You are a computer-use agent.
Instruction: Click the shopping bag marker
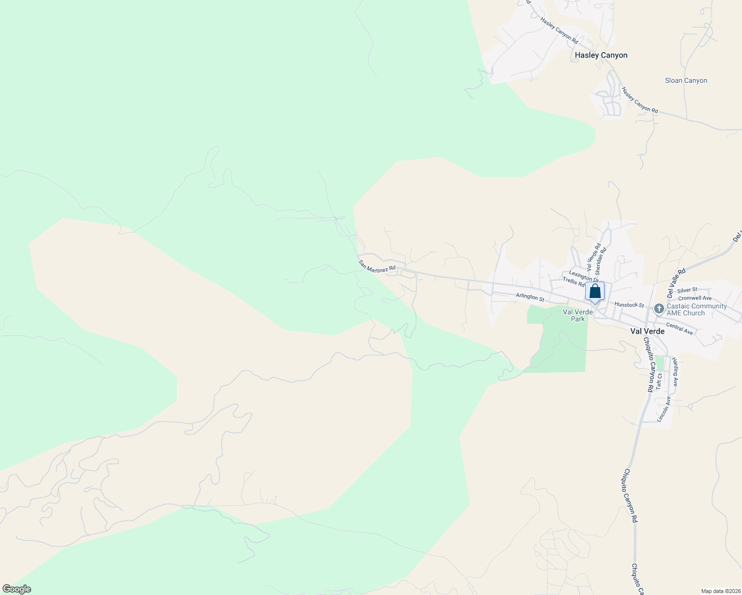click(595, 292)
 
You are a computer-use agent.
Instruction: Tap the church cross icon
click(659, 309)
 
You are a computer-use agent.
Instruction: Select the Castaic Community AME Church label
click(696, 309)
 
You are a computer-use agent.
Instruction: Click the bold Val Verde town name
click(647, 331)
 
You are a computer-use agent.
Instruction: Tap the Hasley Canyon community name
click(601, 55)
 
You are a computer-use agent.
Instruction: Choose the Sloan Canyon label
click(686, 80)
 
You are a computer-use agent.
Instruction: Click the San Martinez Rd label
click(377, 266)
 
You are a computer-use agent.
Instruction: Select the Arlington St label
click(530, 297)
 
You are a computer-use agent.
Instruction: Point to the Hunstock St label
click(629, 305)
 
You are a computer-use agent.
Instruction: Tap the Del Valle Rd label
click(676, 283)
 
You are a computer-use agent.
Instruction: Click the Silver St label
click(687, 290)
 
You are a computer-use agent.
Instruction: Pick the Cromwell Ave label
click(695, 298)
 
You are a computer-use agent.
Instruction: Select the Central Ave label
click(680, 328)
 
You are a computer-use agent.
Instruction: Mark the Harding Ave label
click(675, 372)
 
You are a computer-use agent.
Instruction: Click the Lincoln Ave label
click(664, 409)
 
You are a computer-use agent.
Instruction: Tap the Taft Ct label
click(659, 381)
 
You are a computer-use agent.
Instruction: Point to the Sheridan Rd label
click(600, 261)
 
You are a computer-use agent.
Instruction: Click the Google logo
click(17, 589)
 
